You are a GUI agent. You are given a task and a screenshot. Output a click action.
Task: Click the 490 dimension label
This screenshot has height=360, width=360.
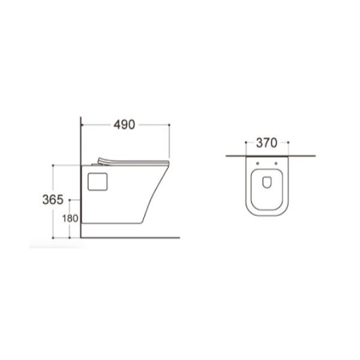tap(124, 125)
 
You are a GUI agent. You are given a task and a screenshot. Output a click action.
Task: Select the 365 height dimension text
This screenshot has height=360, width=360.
tap(53, 200)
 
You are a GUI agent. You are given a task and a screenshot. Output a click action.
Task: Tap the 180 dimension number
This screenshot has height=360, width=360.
tap(70, 218)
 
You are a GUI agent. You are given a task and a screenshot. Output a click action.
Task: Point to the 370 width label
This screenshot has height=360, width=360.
tap(266, 143)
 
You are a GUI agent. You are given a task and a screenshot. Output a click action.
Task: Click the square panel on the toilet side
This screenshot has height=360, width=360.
tap(98, 182)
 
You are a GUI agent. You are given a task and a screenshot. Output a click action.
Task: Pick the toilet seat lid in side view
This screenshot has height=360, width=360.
tap(134, 162)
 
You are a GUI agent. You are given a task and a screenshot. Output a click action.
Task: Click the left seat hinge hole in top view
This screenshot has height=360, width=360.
tap(258, 163)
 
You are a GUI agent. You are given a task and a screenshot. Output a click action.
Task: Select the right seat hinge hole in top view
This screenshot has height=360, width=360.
tap(276, 163)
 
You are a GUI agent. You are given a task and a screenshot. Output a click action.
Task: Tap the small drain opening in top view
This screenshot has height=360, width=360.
tap(267, 182)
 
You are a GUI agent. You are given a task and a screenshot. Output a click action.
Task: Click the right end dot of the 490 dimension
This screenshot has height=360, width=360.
tap(169, 125)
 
